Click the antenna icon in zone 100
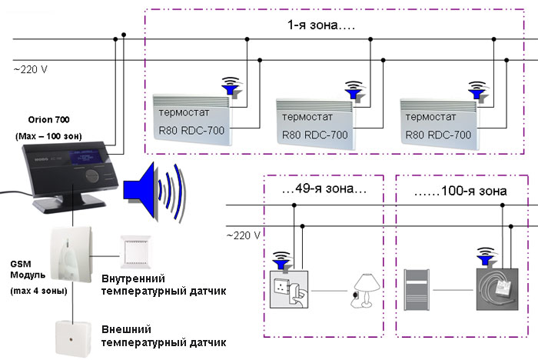(x=483, y=255)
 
